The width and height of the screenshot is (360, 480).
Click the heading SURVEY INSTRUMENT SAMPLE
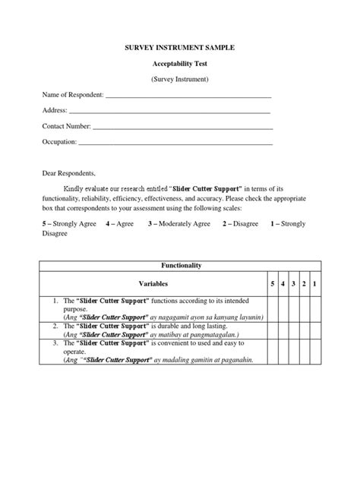[179, 47]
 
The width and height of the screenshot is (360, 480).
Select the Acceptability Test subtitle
[179, 63]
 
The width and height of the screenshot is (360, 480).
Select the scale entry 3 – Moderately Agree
[179, 224]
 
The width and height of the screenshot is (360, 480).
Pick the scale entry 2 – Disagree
[240, 224]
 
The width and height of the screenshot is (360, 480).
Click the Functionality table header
[179, 266]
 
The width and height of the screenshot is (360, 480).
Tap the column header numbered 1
[314, 283]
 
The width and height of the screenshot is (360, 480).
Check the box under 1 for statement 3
[314, 352]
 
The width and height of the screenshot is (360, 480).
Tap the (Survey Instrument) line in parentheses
[179, 79]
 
